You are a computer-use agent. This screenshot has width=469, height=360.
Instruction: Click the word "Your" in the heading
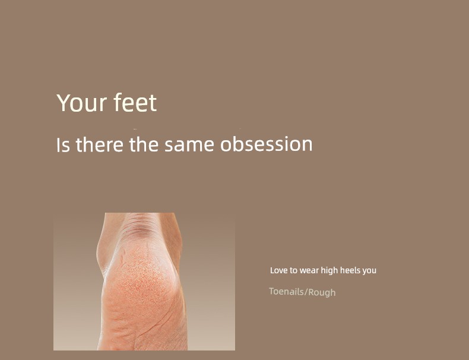[81, 103]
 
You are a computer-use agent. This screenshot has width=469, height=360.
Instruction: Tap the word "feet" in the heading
[135, 102]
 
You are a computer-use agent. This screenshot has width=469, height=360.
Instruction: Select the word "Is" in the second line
[63, 145]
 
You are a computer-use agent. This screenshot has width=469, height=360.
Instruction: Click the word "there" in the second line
[99, 144]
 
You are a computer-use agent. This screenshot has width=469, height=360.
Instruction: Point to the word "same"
[189, 145]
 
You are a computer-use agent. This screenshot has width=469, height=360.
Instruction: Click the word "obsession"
[267, 144]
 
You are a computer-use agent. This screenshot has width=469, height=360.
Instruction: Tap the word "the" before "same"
[144, 144]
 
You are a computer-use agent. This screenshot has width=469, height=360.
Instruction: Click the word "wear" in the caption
[309, 271]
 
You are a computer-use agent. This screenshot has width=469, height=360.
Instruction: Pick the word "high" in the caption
[329, 271]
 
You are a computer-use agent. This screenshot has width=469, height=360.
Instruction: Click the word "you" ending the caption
[369, 271]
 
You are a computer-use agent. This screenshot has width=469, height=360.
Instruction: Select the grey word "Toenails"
[286, 291]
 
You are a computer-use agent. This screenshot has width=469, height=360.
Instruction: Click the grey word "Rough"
[322, 292]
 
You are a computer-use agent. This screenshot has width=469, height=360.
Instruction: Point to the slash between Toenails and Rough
[306, 292]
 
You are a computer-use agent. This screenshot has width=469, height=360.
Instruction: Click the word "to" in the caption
[293, 271]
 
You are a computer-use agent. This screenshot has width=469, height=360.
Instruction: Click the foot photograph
[144, 282]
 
